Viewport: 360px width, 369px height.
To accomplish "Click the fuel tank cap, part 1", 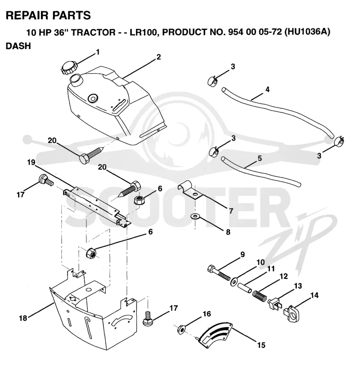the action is pos(69,67).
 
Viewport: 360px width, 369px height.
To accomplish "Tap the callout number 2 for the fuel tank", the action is pos(158,57).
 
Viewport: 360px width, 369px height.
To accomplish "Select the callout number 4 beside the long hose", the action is pos(267,89).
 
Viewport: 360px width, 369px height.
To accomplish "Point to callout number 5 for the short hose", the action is pos(260,158).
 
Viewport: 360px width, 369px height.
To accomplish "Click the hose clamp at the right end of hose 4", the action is pos(339,141).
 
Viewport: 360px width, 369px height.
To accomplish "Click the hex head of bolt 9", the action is pos(211,269).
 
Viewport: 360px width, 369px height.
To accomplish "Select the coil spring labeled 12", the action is pos(260,295).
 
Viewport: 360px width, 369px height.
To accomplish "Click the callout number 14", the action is pos(315,295).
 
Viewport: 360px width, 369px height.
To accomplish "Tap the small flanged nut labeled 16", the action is pos(181,329).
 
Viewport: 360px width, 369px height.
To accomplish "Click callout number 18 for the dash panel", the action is pos(23,318).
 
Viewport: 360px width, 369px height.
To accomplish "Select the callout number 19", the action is pos(31,162).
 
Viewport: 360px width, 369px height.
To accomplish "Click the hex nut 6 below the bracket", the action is pos(91,253).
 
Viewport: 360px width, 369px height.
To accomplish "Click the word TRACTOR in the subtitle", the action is pos(93,32).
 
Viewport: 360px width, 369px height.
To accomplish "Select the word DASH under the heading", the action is pos(18,46).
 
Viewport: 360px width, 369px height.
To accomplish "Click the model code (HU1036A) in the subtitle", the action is pos(307,32).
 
